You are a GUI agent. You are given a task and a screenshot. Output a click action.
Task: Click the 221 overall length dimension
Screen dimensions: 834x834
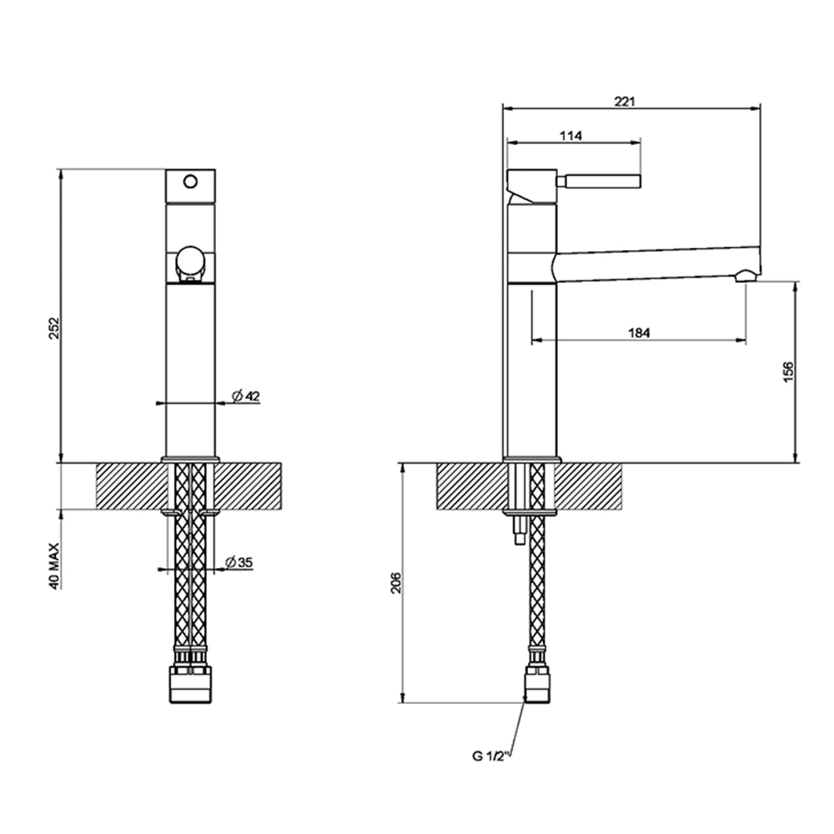tap(625, 102)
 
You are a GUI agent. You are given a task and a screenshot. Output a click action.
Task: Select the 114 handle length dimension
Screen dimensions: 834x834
tap(570, 135)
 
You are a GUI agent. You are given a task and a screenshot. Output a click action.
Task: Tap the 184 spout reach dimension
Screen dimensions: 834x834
tap(638, 333)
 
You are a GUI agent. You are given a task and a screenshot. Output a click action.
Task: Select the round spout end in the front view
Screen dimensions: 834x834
tap(190, 264)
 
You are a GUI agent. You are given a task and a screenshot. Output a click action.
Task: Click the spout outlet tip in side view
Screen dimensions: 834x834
tap(747, 275)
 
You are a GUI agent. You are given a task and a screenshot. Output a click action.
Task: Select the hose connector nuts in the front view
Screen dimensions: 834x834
tap(191, 683)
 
